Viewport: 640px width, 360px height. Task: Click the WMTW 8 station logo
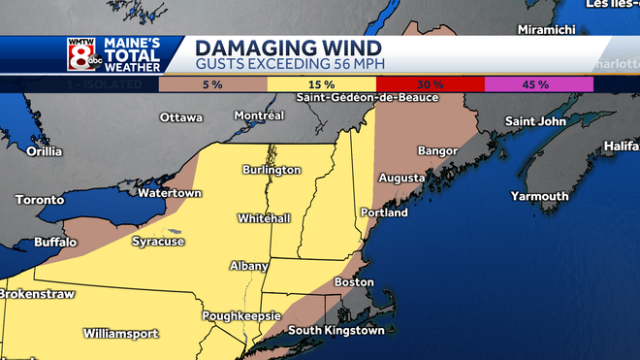[81, 55]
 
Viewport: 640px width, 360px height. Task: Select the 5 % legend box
[213, 84]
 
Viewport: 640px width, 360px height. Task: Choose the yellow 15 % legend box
[322, 84]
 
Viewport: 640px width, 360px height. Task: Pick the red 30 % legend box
[430, 84]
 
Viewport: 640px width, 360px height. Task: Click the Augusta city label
[400, 179]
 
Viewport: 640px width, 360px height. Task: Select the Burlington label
[272, 170]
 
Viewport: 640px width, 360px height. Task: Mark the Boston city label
[353, 282]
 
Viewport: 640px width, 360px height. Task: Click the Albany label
[249, 265]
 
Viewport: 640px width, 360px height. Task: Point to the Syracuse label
[158, 242]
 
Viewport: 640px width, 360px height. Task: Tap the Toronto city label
[40, 200]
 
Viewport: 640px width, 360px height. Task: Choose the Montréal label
[259, 115]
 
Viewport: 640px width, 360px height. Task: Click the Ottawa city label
[181, 118]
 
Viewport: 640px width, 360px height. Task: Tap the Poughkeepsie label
[241, 316]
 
